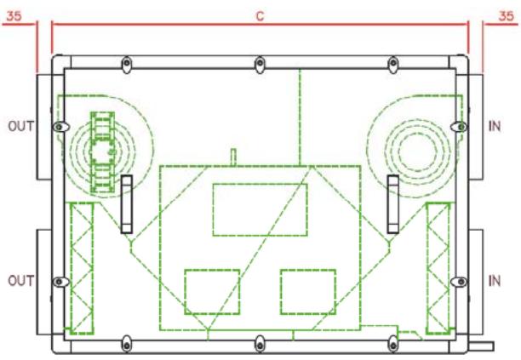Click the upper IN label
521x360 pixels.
click(495, 127)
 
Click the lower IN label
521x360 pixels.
click(495, 280)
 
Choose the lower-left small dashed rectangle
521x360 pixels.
click(212, 291)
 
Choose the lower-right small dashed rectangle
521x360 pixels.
click(308, 291)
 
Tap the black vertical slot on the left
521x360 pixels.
click(126, 203)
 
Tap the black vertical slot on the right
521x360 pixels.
click(393, 203)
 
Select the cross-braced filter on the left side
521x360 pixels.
click(82, 266)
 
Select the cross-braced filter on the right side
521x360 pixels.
click(437, 266)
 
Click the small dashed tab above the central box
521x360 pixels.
click(232, 157)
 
